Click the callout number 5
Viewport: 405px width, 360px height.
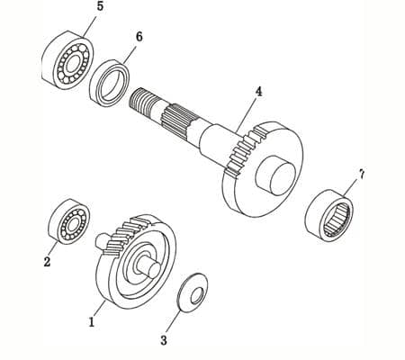pyautogui.click(x=99, y=7)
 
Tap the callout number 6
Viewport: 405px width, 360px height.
pyautogui.click(x=139, y=36)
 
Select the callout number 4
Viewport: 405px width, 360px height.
pyautogui.click(x=258, y=92)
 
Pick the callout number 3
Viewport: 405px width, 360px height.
pyautogui.click(x=163, y=340)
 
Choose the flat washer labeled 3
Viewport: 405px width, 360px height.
pyautogui.click(x=192, y=294)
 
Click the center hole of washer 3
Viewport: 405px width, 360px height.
pyautogui.click(x=192, y=294)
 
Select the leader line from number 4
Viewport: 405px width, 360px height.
pyautogui.click(x=247, y=112)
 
